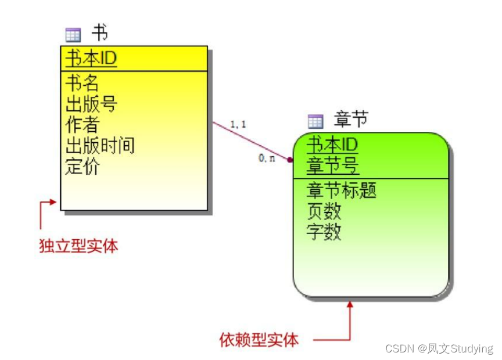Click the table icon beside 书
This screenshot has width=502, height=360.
pos(73,35)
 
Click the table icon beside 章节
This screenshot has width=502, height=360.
pos(315,121)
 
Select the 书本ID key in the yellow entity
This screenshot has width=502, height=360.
pos(91,59)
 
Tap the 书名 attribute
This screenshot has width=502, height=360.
pos(82,82)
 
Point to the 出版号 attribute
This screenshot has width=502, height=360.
pos(91,103)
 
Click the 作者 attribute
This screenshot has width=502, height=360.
pos(82,124)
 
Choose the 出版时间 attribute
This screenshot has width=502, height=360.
pos(100,145)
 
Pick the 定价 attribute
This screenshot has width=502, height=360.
pos(82,166)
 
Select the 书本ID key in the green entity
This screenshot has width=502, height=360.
pos(332,144)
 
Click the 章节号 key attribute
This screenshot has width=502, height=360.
pos(332,166)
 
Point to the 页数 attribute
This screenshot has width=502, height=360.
pos(324,211)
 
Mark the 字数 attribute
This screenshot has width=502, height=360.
pos(324,232)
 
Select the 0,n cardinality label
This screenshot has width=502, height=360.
pos(267,158)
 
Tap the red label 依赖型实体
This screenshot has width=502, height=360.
pos(259,340)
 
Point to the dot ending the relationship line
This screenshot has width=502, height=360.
pos(290,159)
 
